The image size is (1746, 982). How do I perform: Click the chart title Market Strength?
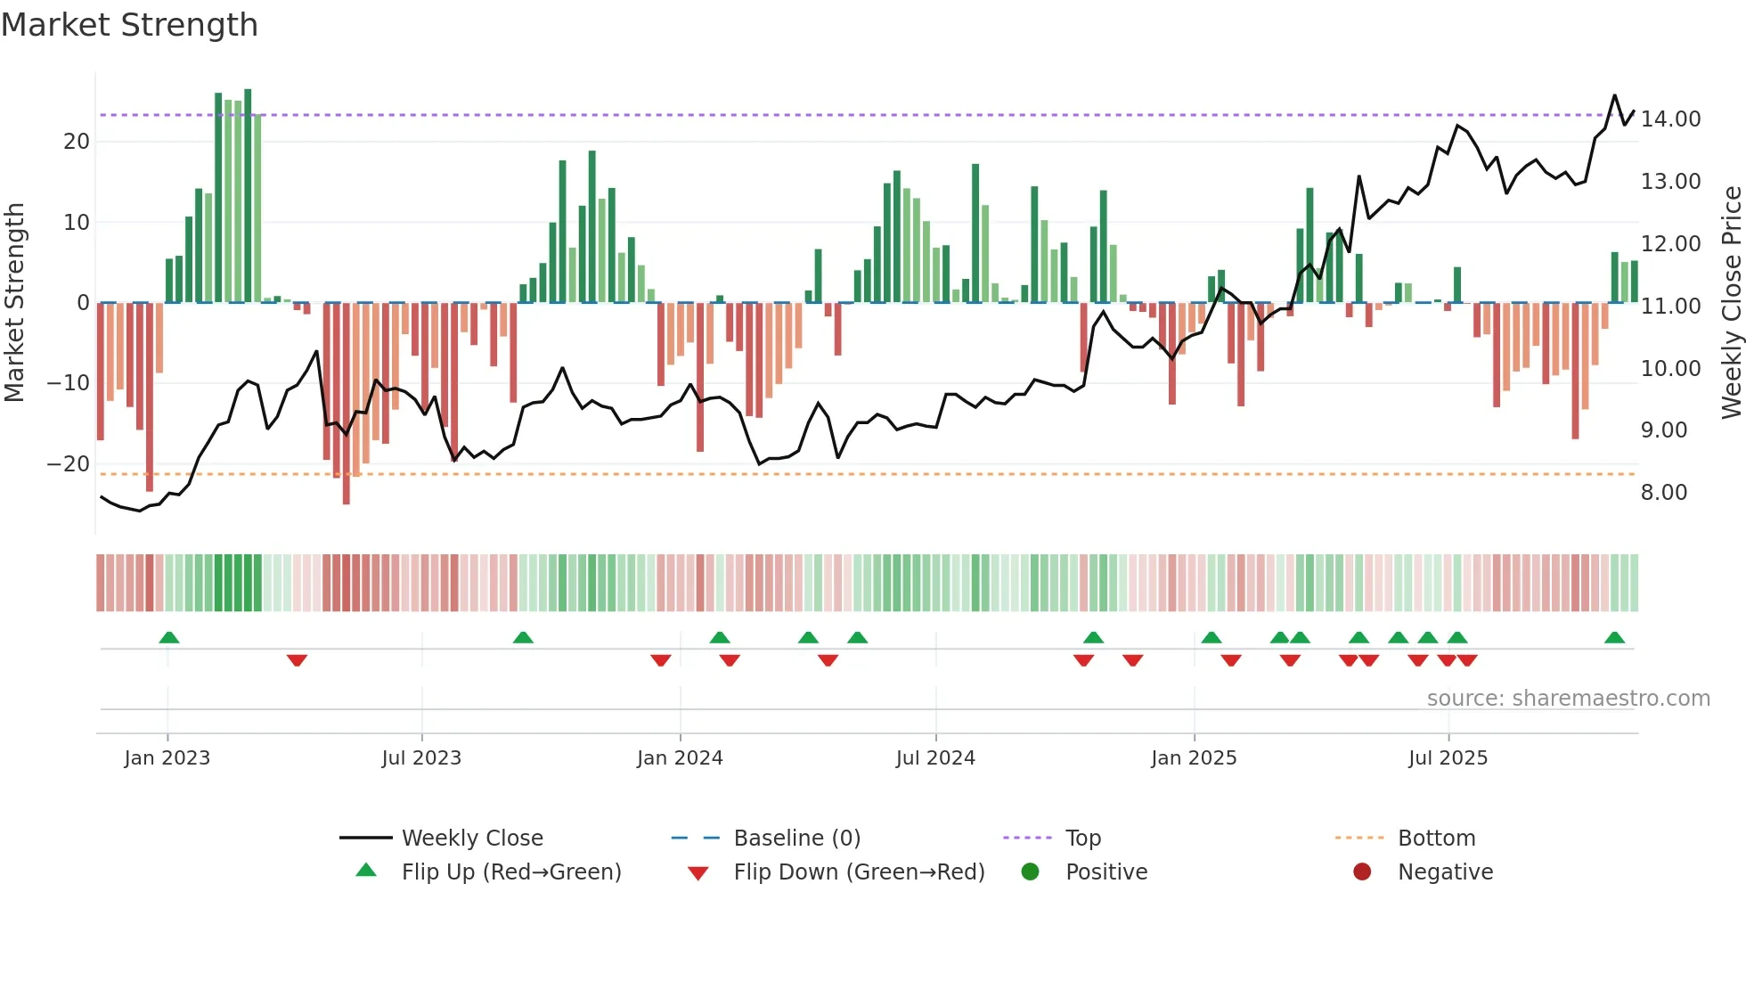tap(129, 25)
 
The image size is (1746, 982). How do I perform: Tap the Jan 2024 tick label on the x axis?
tap(680, 758)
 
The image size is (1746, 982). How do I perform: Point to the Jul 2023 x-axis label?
tap(421, 758)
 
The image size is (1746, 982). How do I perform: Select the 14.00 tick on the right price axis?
tap(1670, 119)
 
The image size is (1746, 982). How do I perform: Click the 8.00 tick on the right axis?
tap(1663, 493)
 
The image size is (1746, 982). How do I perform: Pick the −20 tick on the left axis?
tap(68, 464)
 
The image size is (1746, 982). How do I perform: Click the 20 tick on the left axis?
tap(76, 142)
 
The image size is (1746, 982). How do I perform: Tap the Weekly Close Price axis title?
tap(1731, 303)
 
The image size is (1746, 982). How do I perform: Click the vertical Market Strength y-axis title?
tap(15, 303)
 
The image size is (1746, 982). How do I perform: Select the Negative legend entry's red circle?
tap(1362, 872)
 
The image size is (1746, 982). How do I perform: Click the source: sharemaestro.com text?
tap(1568, 699)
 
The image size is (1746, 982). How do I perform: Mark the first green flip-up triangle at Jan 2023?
tap(168, 637)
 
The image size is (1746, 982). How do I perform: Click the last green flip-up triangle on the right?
tap(1614, 637)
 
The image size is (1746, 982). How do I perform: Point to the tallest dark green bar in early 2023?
tap(248, 196)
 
